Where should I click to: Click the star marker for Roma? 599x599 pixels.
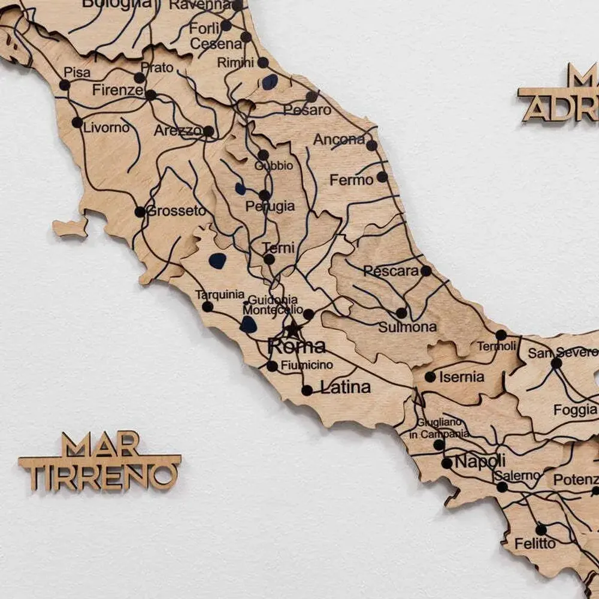coord(293,329)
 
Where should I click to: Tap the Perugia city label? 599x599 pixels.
coord(270,206)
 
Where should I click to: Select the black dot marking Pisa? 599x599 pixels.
coord(65,85)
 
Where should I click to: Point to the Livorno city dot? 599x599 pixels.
coord(77,122)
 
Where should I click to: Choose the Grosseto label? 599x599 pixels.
coord(177,211)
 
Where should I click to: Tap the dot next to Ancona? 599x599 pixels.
coord(371,145)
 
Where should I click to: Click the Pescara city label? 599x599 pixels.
coord(391,271)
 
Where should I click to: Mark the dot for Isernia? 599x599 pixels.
coord(430,377)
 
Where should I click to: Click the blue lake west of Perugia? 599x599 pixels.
coord(240,189)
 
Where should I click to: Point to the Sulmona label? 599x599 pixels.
coord(407,327)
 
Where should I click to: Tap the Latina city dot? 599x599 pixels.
coord(307,390)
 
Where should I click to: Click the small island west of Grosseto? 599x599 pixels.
coord(70,227)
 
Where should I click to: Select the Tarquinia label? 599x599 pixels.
coord(220,294)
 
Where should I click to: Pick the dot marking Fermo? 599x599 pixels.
coord(382,177)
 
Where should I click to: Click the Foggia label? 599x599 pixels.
coord(575,410)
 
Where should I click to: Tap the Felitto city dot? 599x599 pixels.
coord(541,530)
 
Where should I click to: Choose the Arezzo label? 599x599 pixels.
coord(178,130)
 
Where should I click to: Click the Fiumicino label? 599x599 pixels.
coord(307,365)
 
